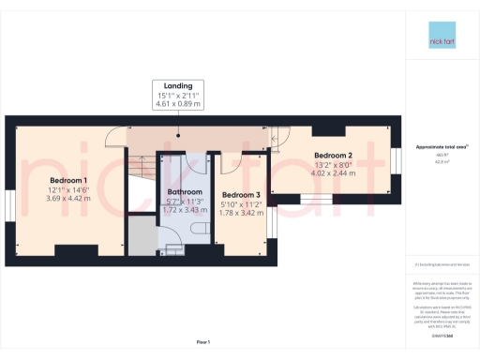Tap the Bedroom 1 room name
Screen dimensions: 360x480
pyautogui.click(x=68, y=180)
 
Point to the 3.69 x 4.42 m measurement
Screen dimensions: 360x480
pyautogui.click(x=68, y=198)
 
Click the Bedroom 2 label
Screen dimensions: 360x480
pyautogui.click(x=333, y=155)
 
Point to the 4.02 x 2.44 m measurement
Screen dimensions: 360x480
pyautogui.click(x=333, y=172)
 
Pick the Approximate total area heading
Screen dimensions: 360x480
pyautogui.click(x=442, y=147)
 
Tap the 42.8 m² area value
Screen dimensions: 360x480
pyautogui.click(x=442, y=162)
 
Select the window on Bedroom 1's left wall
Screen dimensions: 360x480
pyautogui.click(x=9, y=208)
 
